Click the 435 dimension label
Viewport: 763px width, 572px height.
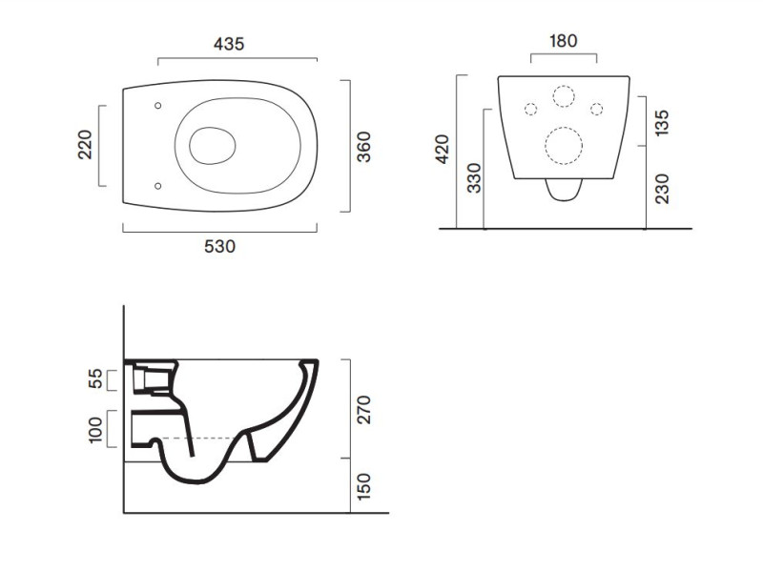[229, 44]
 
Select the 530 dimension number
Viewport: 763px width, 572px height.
[220, 247]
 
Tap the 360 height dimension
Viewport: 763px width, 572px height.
[364, 147]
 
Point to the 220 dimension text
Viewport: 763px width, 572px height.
[85, 145]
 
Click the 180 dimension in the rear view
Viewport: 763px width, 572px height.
[564, 41]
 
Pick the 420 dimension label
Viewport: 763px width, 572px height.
[443, 150]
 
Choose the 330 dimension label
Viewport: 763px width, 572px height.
[473, 178]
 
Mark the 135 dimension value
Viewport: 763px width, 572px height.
[662, 123]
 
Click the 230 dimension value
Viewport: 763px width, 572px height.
[662, 189]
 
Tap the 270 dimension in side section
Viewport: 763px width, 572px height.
[363, 410]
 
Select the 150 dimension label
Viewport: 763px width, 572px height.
[363, 486]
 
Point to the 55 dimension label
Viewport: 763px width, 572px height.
[96, 378]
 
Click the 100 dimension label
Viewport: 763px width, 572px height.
[96, 430]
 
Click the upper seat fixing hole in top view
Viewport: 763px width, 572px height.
[157, 106]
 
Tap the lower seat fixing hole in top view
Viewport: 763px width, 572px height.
[157, 186]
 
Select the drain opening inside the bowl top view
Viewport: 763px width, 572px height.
[212, 146]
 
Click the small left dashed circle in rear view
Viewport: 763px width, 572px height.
[531, 109]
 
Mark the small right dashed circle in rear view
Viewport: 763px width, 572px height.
[597, 109]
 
